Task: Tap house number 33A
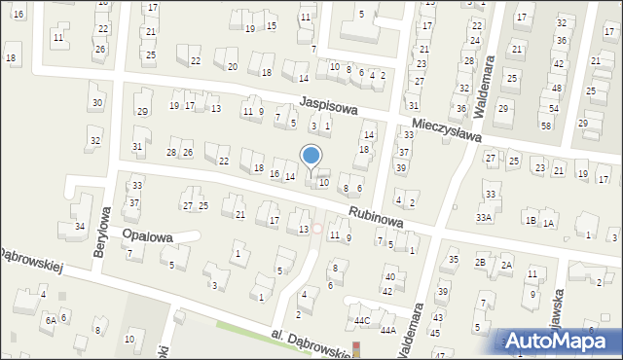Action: coord(484,218)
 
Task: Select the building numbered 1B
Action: coord(531,221)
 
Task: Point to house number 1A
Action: coord(549,224)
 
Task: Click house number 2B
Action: coord(480,263)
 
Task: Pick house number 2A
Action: coord(506,265)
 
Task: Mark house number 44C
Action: coord(362,320)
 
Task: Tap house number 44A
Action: coord(387,331)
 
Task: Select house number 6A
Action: coord(49,320)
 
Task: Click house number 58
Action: coord(545,126)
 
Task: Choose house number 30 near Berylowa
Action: coord(95,103)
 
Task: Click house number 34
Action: coord(79,227)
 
